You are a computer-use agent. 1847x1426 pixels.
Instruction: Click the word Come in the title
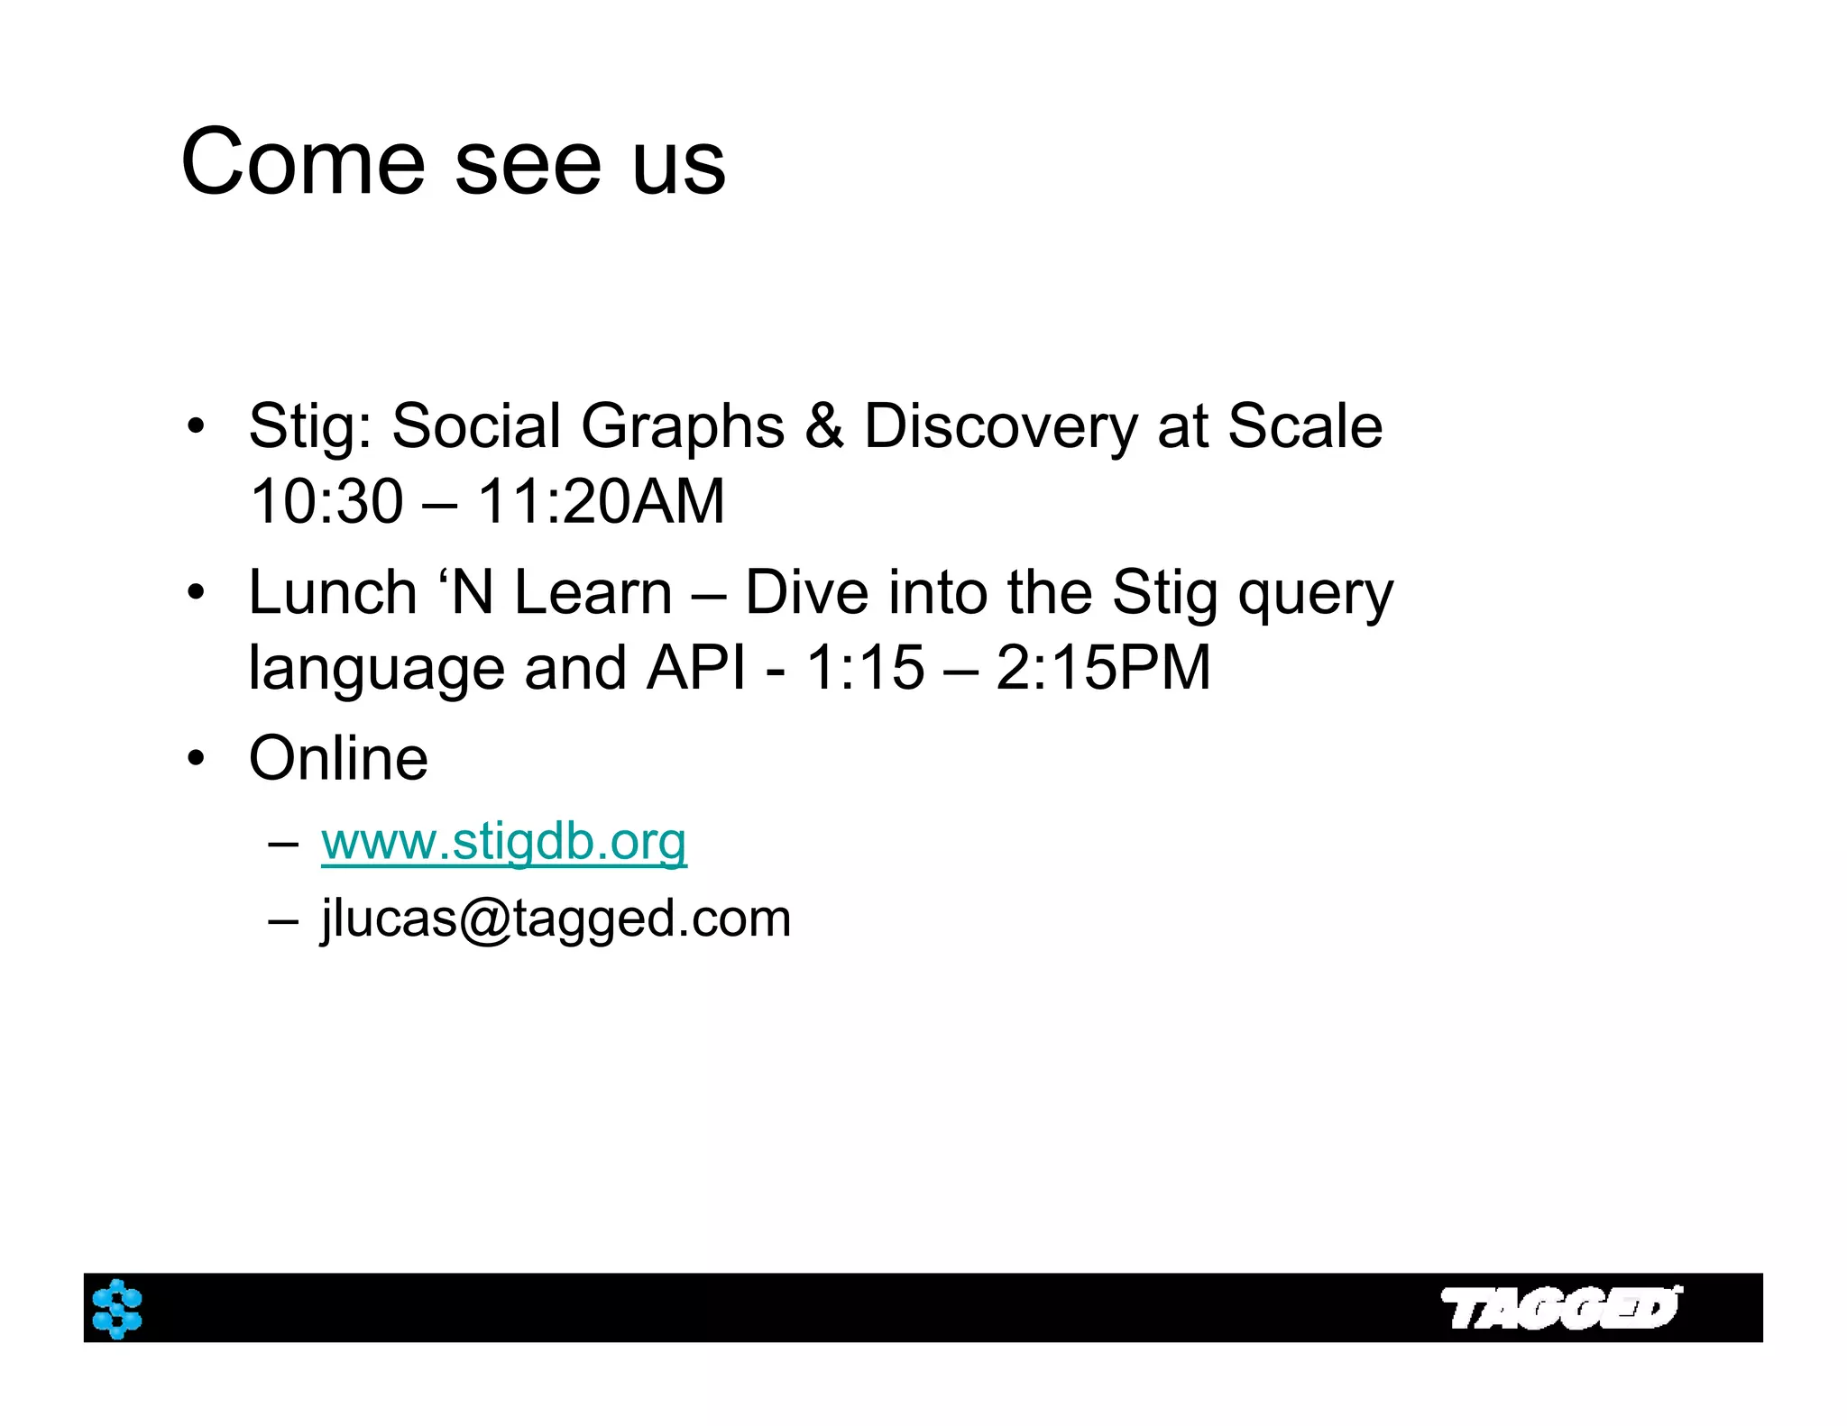[x=302, y=162]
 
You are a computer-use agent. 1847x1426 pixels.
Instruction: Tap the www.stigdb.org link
[x=503, y=842]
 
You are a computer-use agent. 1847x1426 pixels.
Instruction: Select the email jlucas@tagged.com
[x=556, y=919]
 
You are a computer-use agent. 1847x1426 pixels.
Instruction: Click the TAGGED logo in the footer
[x=1560, y=1308]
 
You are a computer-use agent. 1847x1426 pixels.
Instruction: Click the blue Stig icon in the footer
[x=117, y=1308]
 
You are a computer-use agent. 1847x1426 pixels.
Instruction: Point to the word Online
[x=338, y=758]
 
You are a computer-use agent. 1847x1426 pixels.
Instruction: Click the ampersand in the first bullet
[x=823, y=425]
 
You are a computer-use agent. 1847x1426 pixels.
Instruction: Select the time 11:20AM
[x=600, y=501]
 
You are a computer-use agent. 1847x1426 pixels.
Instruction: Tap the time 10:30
[x=326, y=501]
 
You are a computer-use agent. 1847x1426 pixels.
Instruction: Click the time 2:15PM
[x=1102, y=668]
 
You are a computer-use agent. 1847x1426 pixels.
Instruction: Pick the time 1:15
[x=865, y=668]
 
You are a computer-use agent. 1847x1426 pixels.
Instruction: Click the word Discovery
[x=1000, y=425]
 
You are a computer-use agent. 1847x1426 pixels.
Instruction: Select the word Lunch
[x=332, y=592]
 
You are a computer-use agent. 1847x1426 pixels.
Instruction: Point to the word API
[x=696, y=668]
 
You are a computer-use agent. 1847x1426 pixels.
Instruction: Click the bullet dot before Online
[x=196, y=760]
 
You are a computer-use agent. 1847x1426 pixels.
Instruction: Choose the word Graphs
[x=683, y=425]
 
